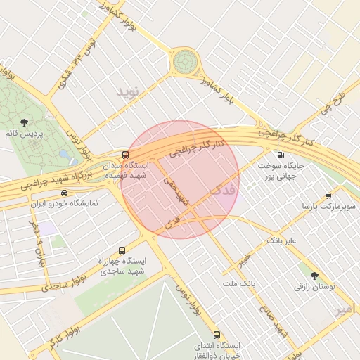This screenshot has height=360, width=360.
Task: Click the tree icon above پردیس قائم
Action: pyautogui.click(x=26, y=122)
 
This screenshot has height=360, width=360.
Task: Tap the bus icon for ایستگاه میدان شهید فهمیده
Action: pyautogui.click(x=125, y=155)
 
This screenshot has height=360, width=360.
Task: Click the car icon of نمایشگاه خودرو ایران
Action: pyautogui.click(x=65, y=193)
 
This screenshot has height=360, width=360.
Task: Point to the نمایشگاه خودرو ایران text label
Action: pyautogui.click(x=64, y=203)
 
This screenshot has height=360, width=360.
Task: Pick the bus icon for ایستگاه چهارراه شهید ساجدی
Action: pyautogui.click(x=122, y=250)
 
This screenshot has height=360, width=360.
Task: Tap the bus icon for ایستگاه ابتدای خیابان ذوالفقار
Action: pyautogui.click(x=216, y=335)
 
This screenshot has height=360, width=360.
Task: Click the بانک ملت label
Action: pyautogui.click(x=238, y=283)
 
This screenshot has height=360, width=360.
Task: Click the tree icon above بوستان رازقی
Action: pyautogui.click(x=314, y=276)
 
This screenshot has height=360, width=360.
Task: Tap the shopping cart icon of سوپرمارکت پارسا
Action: pyautogui.click(x=328, y=196)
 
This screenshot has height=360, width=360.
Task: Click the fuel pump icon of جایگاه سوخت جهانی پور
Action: pyautogui.click(x=281, y=155)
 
